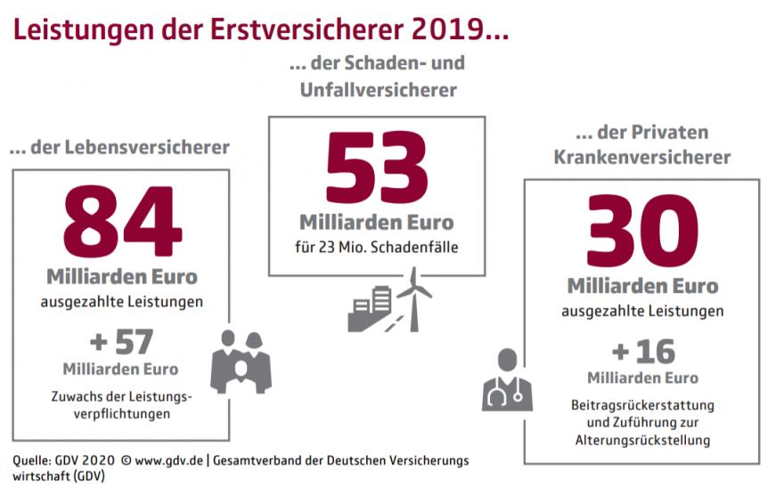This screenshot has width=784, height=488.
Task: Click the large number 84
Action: (x=120, y=220)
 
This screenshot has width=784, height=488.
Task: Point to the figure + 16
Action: (x=642, y=351)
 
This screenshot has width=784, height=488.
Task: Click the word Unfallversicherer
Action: (x=377, y=90)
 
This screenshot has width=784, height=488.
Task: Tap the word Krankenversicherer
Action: (x=642, y=157)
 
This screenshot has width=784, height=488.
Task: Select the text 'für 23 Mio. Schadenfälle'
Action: (x=376, y=247)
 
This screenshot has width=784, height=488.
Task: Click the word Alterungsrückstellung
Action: (x=642, y=439)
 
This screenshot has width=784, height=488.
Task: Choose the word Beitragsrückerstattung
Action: (x=642, y=405)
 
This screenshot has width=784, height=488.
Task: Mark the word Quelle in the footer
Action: (x=31, y=460)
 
